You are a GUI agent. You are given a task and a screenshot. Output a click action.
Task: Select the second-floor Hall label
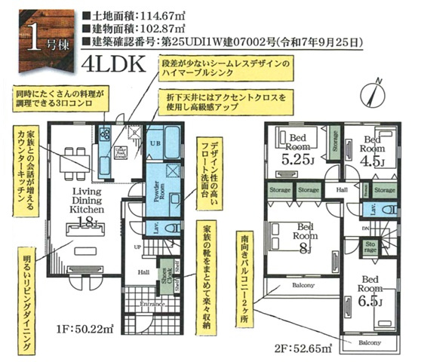342,190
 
